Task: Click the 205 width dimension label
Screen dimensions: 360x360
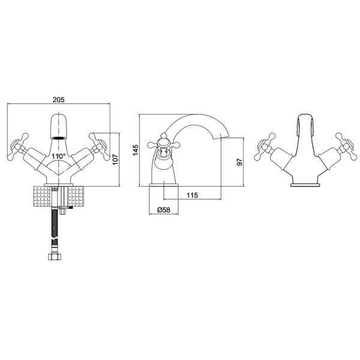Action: (59, 100)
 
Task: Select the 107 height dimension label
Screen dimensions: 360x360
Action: (115, 160)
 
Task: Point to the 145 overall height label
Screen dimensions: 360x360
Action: (136, 150)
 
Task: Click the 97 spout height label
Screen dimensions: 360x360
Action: (239, 162)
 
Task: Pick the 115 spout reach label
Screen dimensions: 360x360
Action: (192, 195)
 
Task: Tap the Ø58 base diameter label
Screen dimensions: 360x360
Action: (164, 210)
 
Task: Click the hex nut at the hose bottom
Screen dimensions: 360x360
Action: (55, 256)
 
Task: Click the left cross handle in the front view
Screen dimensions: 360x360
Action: (19, 146)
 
